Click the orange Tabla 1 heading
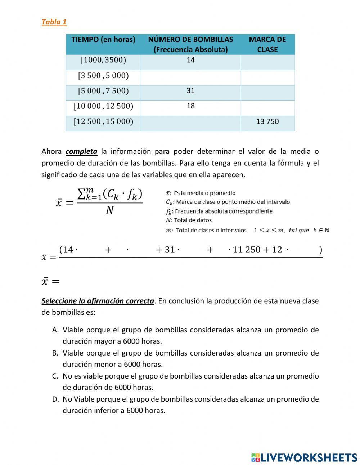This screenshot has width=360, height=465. [54, 22]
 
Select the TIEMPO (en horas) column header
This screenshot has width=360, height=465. [103, 40]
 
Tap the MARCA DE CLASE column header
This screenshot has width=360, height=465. [267, 44]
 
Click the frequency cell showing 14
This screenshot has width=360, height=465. [190, 60]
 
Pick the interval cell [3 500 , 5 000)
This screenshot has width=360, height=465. [103, 76]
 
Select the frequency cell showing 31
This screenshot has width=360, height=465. [190, 91]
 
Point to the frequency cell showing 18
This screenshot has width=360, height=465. [190, 106]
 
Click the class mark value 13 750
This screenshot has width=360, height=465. [267, 121]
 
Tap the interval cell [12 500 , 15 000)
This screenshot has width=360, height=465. [103, 121]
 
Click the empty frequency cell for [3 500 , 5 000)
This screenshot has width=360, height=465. [190, 77]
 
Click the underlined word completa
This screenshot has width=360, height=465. [81, 151]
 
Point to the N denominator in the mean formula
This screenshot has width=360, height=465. [109, 210]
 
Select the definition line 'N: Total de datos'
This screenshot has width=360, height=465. [189, 220]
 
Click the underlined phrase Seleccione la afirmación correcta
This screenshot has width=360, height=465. [98, 301]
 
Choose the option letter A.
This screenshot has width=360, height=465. [55, 330]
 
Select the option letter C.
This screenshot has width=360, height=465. [55, 376]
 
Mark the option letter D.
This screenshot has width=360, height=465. [55, 399]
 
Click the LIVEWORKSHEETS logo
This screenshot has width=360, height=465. [304, 457]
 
